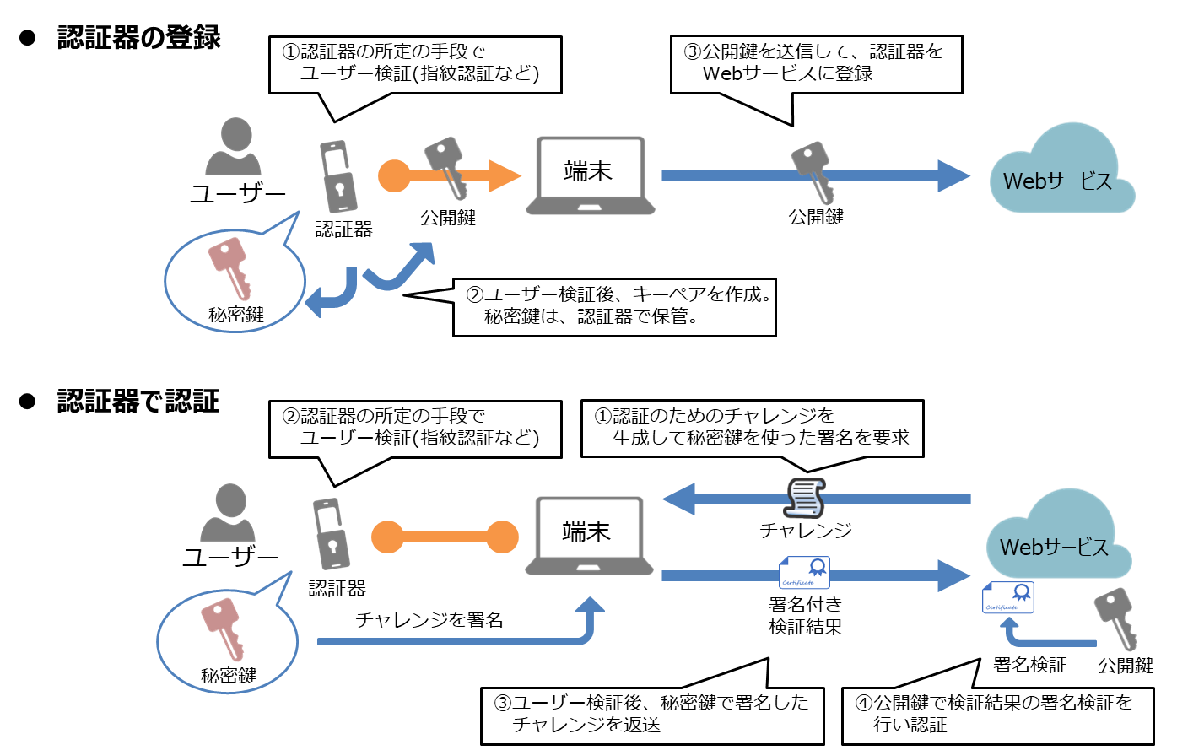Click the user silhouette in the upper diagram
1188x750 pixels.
234,148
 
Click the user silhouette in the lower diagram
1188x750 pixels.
228,513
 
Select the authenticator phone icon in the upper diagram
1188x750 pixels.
338,176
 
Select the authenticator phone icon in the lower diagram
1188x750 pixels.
332,534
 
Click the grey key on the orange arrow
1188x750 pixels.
446,167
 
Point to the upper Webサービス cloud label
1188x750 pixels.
1057,181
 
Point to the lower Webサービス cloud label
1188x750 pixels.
1054,548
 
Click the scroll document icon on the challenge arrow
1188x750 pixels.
806,498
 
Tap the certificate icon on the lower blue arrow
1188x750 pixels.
804,573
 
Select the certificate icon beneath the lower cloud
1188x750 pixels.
1008,598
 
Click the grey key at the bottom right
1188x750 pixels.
1117,618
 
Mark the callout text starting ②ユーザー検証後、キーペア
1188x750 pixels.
619,295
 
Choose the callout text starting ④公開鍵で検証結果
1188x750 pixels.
995,703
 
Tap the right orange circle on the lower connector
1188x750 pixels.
502,537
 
